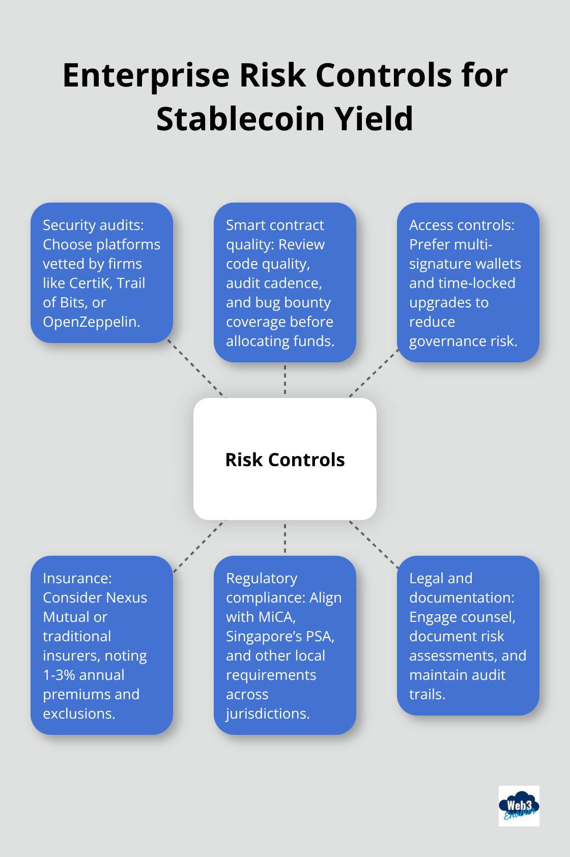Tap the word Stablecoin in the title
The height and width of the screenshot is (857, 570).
pyautogui.click(x=240, y=120)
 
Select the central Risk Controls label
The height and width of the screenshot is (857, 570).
pyautogui.click(x=285, y=460)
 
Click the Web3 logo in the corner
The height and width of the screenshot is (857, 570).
pyautogui.click(x=519, y=806)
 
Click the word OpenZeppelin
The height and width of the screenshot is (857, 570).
pyautogui.click(x=91, y=322)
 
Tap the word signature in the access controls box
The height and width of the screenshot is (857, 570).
pyautogui.click(x=438, y=264)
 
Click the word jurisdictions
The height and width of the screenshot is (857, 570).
pyautogui.click(x=268, y=713)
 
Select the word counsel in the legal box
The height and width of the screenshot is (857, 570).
pyautogui.click(x=490, y=617)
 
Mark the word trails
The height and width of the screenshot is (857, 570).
pyautogui.click(x=427, y=694)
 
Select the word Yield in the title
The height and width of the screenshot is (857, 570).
pyautogui.click(x=374, y=120)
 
